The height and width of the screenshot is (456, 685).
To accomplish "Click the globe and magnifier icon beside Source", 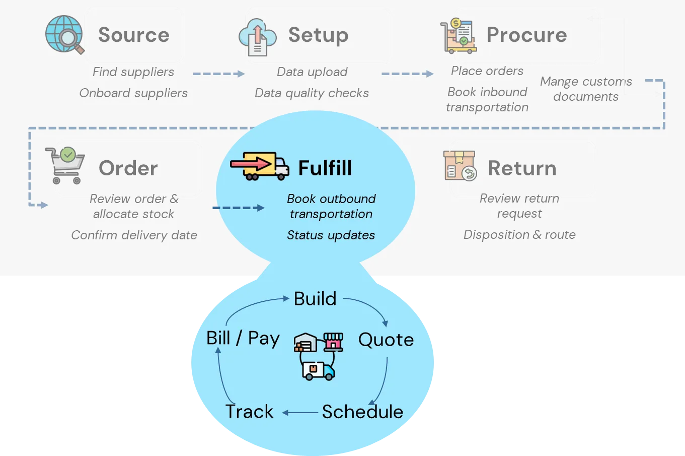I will [64, 34].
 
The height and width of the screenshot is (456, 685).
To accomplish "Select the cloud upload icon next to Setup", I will [257, 37].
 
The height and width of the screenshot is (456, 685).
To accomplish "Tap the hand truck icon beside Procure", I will [458, 36].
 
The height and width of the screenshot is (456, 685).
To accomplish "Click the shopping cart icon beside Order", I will [65, 165].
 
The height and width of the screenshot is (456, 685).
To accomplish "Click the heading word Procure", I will [526, 35].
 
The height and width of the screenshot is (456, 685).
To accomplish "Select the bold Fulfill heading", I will [325, 168].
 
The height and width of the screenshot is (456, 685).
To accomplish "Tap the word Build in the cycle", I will [315, 299].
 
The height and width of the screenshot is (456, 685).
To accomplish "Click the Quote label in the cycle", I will [386, 340].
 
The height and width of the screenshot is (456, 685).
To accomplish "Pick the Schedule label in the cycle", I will [362, 412].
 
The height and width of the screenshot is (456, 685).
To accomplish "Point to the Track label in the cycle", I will [249, 412].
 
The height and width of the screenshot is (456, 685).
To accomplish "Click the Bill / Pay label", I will [243, 338].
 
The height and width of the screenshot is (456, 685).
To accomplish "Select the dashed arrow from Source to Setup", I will [218, 74].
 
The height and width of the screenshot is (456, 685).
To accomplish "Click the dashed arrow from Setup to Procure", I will [407, 74].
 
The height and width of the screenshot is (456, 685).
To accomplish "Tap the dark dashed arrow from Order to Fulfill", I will [238, 208].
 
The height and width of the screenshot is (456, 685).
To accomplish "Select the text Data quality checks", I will [312, 93].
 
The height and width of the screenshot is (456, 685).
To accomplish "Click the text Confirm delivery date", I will [134, 235].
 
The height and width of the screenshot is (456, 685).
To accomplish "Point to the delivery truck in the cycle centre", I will [319, 370].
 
